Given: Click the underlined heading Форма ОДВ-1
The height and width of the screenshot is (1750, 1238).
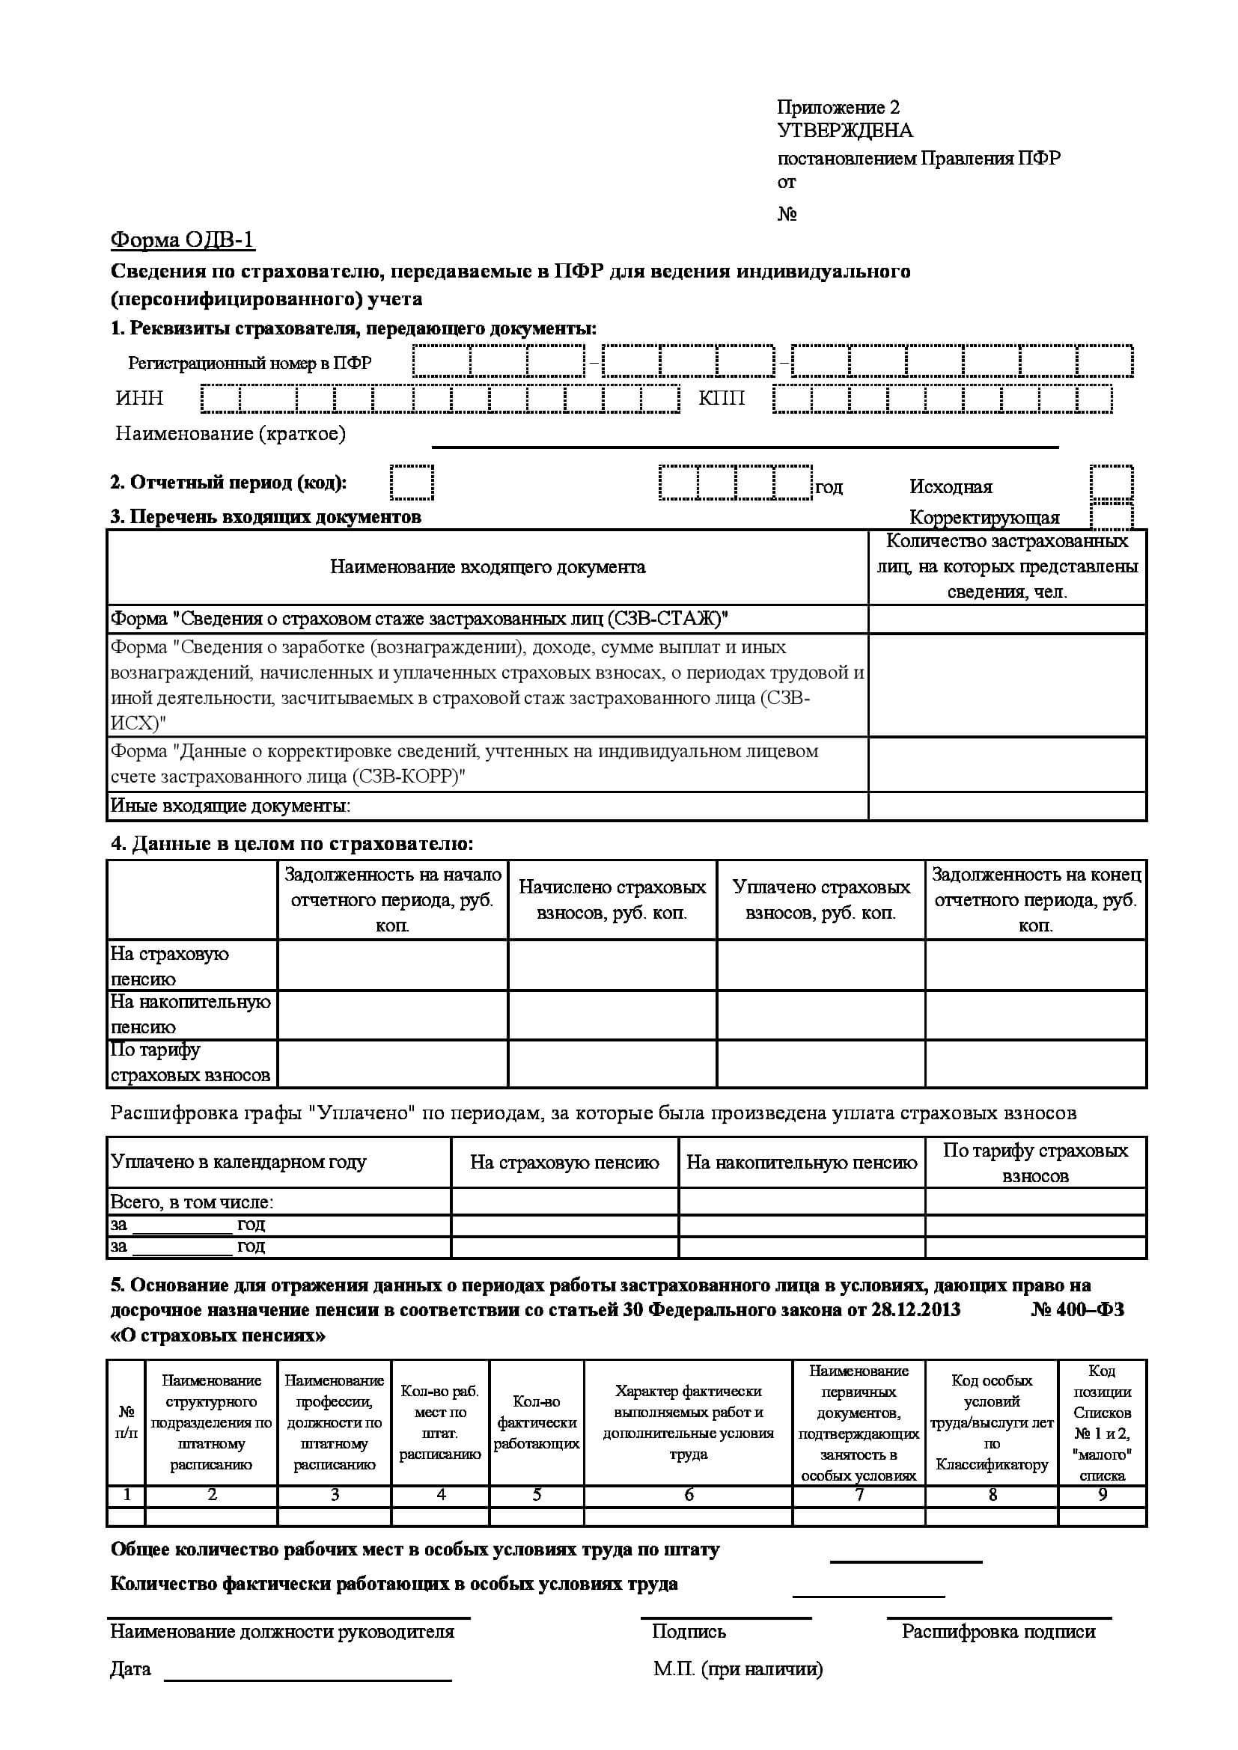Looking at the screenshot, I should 182,240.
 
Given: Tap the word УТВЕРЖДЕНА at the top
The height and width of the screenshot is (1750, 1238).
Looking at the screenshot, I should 844,130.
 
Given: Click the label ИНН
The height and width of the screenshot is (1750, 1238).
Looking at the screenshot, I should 139,398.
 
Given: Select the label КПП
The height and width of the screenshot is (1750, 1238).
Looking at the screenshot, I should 721,398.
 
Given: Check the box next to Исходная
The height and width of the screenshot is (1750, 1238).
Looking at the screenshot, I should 1111,483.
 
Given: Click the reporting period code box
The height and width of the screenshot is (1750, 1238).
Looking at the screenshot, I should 412,483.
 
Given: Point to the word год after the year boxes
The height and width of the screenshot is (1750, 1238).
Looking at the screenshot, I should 829,487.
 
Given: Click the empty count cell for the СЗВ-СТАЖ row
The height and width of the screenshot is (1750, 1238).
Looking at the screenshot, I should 1007,619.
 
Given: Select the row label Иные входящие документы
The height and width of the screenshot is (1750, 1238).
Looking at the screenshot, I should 231,806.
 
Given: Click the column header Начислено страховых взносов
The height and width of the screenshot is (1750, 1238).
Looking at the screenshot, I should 612,899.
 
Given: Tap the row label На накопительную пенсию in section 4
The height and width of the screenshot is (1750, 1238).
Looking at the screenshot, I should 191,1015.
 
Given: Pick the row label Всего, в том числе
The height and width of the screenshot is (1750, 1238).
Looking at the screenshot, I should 192,1202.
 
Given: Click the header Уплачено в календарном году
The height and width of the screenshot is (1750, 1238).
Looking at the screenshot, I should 239,1162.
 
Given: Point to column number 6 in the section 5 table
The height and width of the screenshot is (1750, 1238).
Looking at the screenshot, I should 689,1495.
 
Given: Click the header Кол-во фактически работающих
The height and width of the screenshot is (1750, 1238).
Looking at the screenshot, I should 537,1422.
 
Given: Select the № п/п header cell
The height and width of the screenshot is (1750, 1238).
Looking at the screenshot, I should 126,1422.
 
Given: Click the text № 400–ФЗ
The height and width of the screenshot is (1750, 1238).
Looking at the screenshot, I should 1077,1309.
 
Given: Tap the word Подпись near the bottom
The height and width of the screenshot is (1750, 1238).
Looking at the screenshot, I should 689,1631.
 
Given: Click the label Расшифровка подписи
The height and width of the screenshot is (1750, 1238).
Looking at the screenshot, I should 998,1631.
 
